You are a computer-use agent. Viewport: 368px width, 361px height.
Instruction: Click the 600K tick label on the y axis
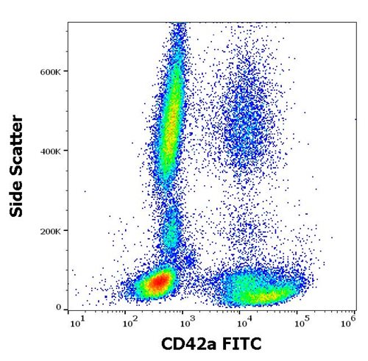coord(50,71)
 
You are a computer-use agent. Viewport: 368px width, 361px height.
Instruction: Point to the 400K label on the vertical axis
coord(50,151)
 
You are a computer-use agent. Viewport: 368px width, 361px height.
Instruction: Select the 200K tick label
coord(50,230)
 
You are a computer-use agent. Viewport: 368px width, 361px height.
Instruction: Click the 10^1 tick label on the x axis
coord(76,321)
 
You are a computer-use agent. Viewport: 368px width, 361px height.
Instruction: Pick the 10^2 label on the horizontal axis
coord(131,321)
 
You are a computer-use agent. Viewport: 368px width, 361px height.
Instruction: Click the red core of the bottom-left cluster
coord(158,282)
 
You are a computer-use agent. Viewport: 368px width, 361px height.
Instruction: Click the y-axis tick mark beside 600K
coord(66,71)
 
